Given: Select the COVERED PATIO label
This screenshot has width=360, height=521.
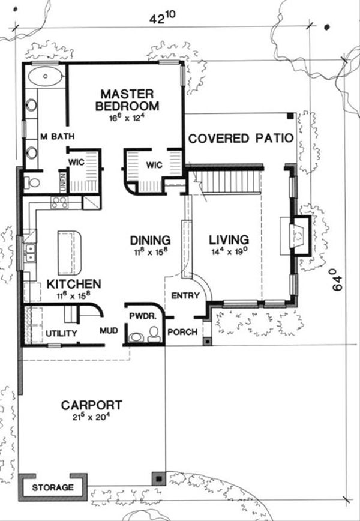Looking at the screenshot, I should [241, 139].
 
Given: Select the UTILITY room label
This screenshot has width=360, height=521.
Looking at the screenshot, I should [61, 333].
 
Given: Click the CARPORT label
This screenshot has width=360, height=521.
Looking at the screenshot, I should [92, 405].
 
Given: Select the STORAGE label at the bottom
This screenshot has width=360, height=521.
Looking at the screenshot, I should [53, 487].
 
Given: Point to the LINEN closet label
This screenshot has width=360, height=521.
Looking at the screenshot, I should [62, 182].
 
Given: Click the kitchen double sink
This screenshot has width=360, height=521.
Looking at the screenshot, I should [29, 253].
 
